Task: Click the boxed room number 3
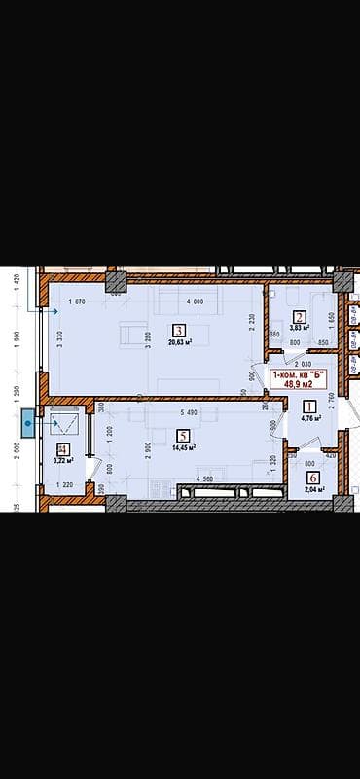pos(179,330)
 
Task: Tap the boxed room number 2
pos(300,316)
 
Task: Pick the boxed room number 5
pos(183,435)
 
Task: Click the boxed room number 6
pos(312,477)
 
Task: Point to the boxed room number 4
pos(63,449)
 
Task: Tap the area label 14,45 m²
pos(183,447)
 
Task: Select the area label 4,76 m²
pos(310,420)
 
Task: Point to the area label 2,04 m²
pos(313,489)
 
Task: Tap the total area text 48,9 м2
pos(299,384)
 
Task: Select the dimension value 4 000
pos(195,301)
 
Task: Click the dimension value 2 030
pos(304,363)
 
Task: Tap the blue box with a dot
pos(28,423)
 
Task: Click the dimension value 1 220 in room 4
pos(64,484)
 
